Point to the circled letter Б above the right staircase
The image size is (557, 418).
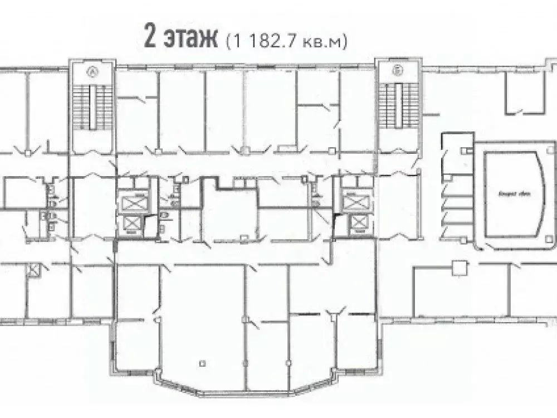(x=397, y=71)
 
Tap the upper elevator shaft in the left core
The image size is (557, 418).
(x=134, y=199)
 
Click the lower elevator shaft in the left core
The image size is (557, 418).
(x=134, y=223)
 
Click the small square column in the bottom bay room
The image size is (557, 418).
(x=203, y=363)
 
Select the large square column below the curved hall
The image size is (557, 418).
(x=459, y=268)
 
